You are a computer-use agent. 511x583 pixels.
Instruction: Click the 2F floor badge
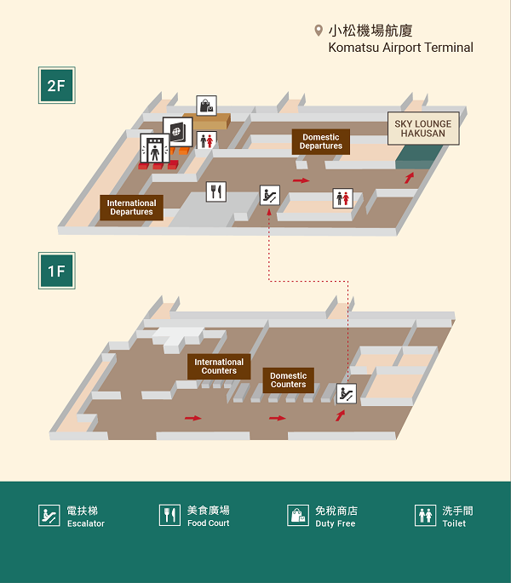click(x=56, y=85)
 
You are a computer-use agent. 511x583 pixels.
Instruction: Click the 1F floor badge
click(x=56, y=271)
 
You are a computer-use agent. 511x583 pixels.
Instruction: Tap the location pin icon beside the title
click(x=319, y=31)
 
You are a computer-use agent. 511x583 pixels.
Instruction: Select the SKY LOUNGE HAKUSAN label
click(x=423, y=129)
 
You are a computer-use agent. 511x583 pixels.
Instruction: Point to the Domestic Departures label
click(x=321, y=141)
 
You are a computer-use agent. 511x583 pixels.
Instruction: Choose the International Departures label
click(x=131, y=208)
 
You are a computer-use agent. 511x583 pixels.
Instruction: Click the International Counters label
click(x=219, y=366)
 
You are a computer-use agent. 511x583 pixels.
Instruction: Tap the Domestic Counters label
click(x=288, y=380)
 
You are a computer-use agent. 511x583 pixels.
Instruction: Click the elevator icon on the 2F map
click(x=154, y=149)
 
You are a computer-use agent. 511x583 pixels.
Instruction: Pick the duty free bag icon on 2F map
click(x=207, y=106)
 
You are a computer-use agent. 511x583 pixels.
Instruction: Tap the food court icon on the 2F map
click(x=216, y=191)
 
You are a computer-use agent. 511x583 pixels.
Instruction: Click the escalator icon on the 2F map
click(x=270, y=195)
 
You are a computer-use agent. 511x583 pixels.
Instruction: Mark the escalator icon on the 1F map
click(x=347, y=393)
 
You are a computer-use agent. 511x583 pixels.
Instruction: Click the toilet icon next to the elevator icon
click(x=207, y=140)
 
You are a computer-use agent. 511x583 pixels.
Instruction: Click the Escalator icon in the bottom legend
click(x=49, y=515)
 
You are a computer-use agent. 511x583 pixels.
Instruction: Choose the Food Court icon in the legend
click(x=169, y=515)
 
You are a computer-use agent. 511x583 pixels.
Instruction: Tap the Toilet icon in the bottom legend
click(x=425, y=515)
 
